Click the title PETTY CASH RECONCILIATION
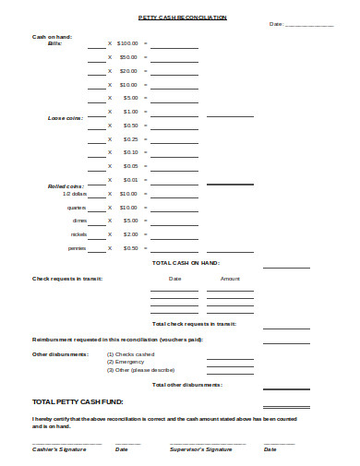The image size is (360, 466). (181, 18)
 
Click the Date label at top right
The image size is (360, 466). (276, 25)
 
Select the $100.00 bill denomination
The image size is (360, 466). (127, 43)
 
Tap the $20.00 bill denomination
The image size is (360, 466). (128, 70)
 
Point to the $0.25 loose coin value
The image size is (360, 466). (130, 138)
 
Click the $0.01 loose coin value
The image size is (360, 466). (130, 179)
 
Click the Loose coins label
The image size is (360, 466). (65, 118)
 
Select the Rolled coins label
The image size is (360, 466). (66, 186)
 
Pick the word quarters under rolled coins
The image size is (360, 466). (78, 208)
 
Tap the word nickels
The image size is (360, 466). (78, 234)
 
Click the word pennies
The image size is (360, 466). (78, 248)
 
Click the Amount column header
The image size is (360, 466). (230, 278)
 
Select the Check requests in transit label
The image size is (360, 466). (67, 278)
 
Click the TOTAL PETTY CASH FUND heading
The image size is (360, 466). (78, 402)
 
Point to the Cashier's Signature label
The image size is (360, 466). (60, 449)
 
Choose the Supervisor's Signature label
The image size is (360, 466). (200, 449)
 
